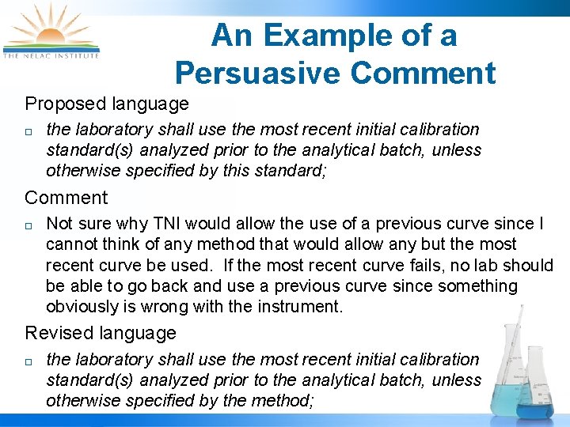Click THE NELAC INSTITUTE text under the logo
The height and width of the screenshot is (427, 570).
coord(51,55)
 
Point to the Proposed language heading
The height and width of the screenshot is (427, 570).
coord(107,104)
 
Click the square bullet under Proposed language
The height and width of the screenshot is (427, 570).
coord(28,130)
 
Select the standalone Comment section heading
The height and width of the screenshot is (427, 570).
coord(66,198)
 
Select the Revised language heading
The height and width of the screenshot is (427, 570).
coord(101,333)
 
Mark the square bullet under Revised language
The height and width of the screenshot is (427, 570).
coord(28,361)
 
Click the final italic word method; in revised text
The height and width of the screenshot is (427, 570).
coord(283,401)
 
